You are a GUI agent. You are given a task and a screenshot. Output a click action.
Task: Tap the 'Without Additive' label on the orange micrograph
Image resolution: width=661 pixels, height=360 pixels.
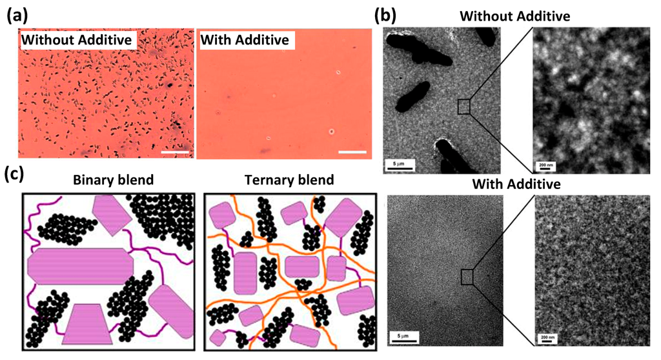[x=77, y=41]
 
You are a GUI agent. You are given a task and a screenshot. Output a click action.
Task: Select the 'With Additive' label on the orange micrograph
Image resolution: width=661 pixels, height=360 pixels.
[x=245, y=41]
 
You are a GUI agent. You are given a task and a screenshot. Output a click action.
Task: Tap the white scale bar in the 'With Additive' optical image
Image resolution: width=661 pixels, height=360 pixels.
[x=352, y=152]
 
